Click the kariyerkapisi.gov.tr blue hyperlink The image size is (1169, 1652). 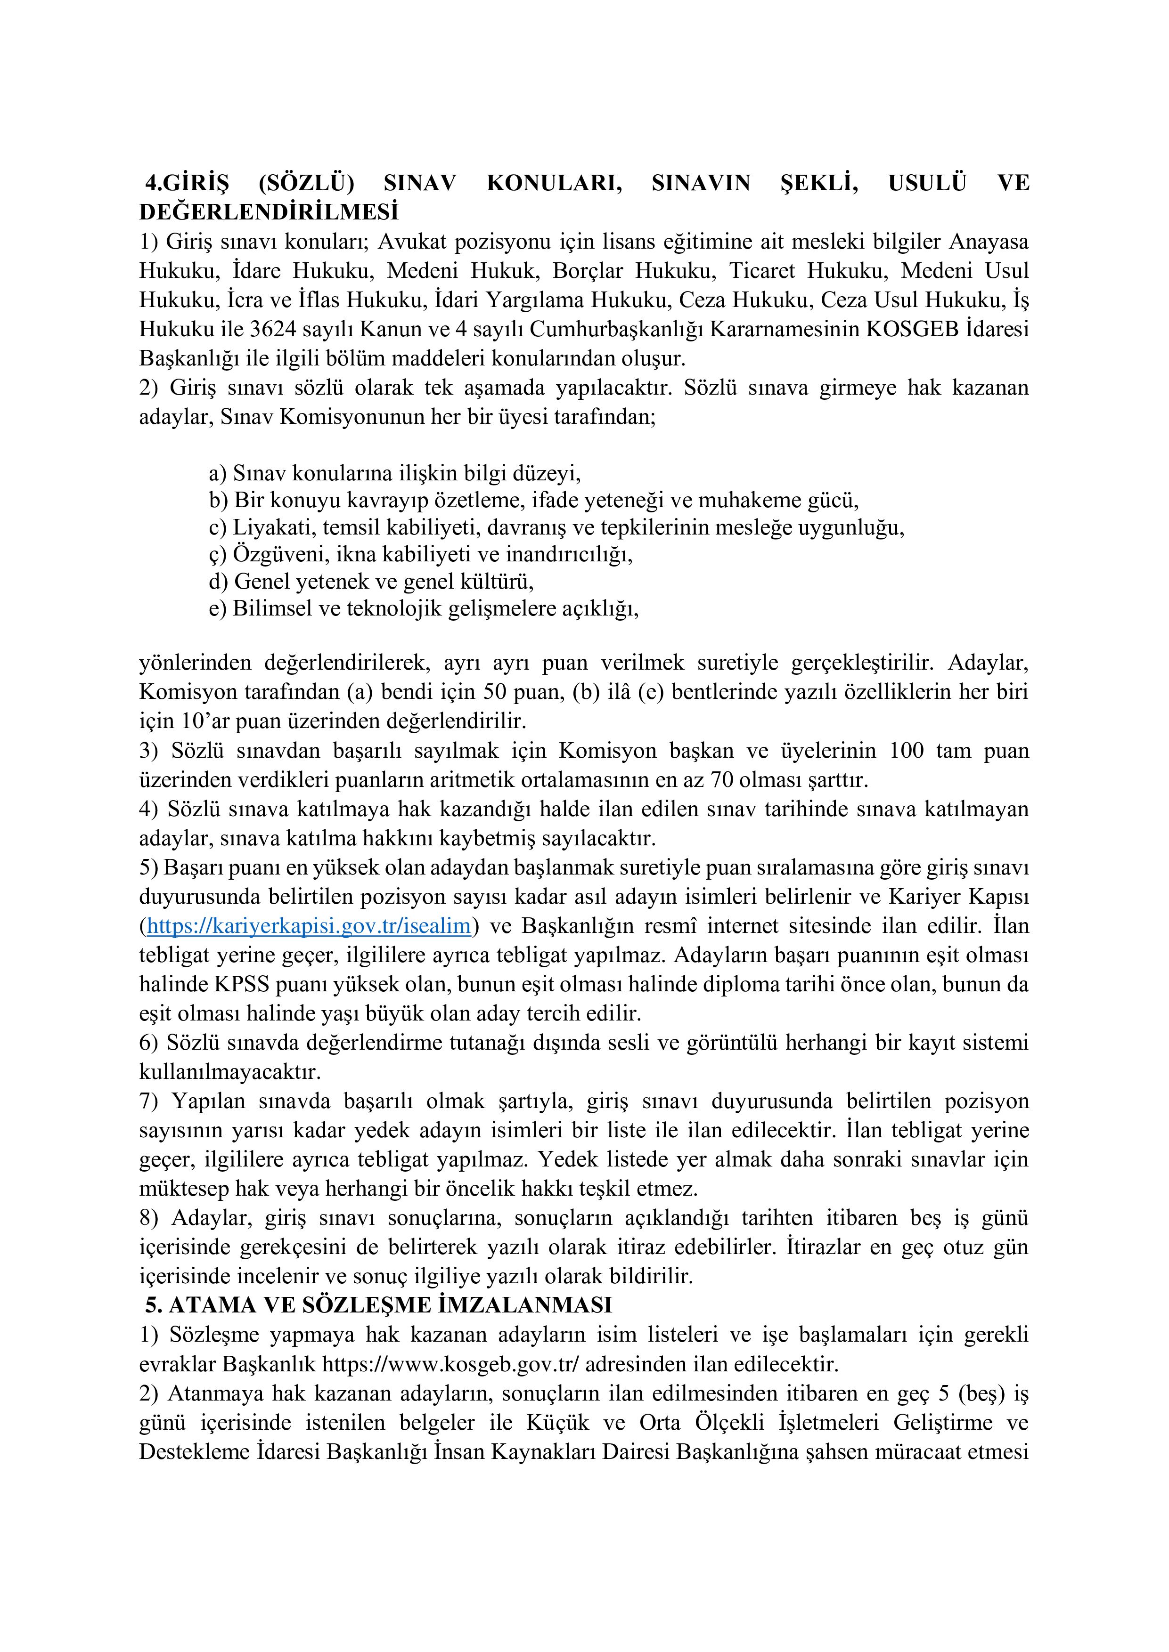point(309,926)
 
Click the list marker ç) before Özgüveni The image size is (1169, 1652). point(217,555)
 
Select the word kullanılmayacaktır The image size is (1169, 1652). point(229,1072)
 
